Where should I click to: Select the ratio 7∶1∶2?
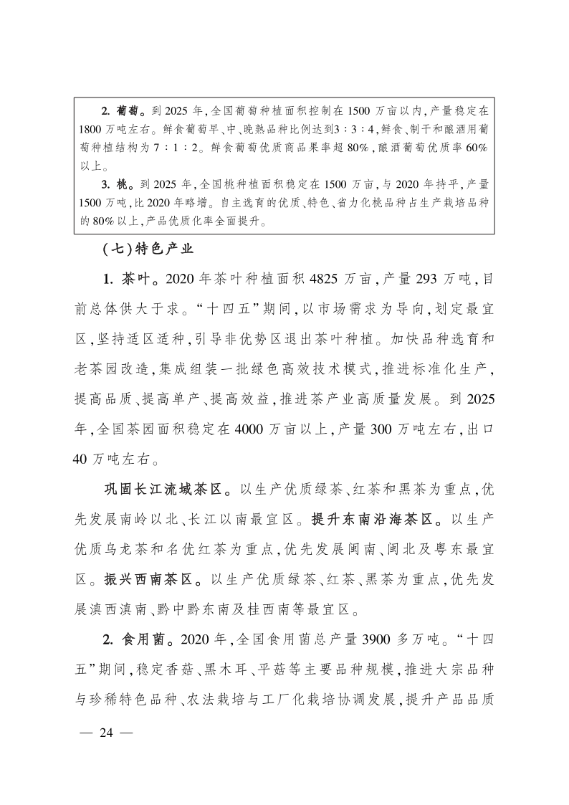179,148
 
